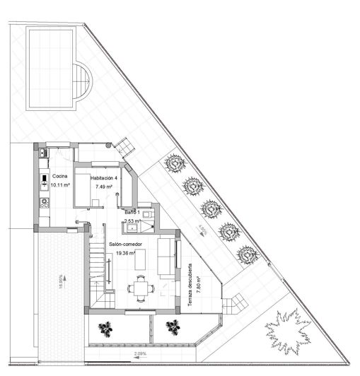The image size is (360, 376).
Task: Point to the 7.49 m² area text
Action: pos(105,187)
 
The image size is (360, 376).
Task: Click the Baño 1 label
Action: pos(133,212)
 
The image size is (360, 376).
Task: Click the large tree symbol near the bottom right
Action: pos(288,331)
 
